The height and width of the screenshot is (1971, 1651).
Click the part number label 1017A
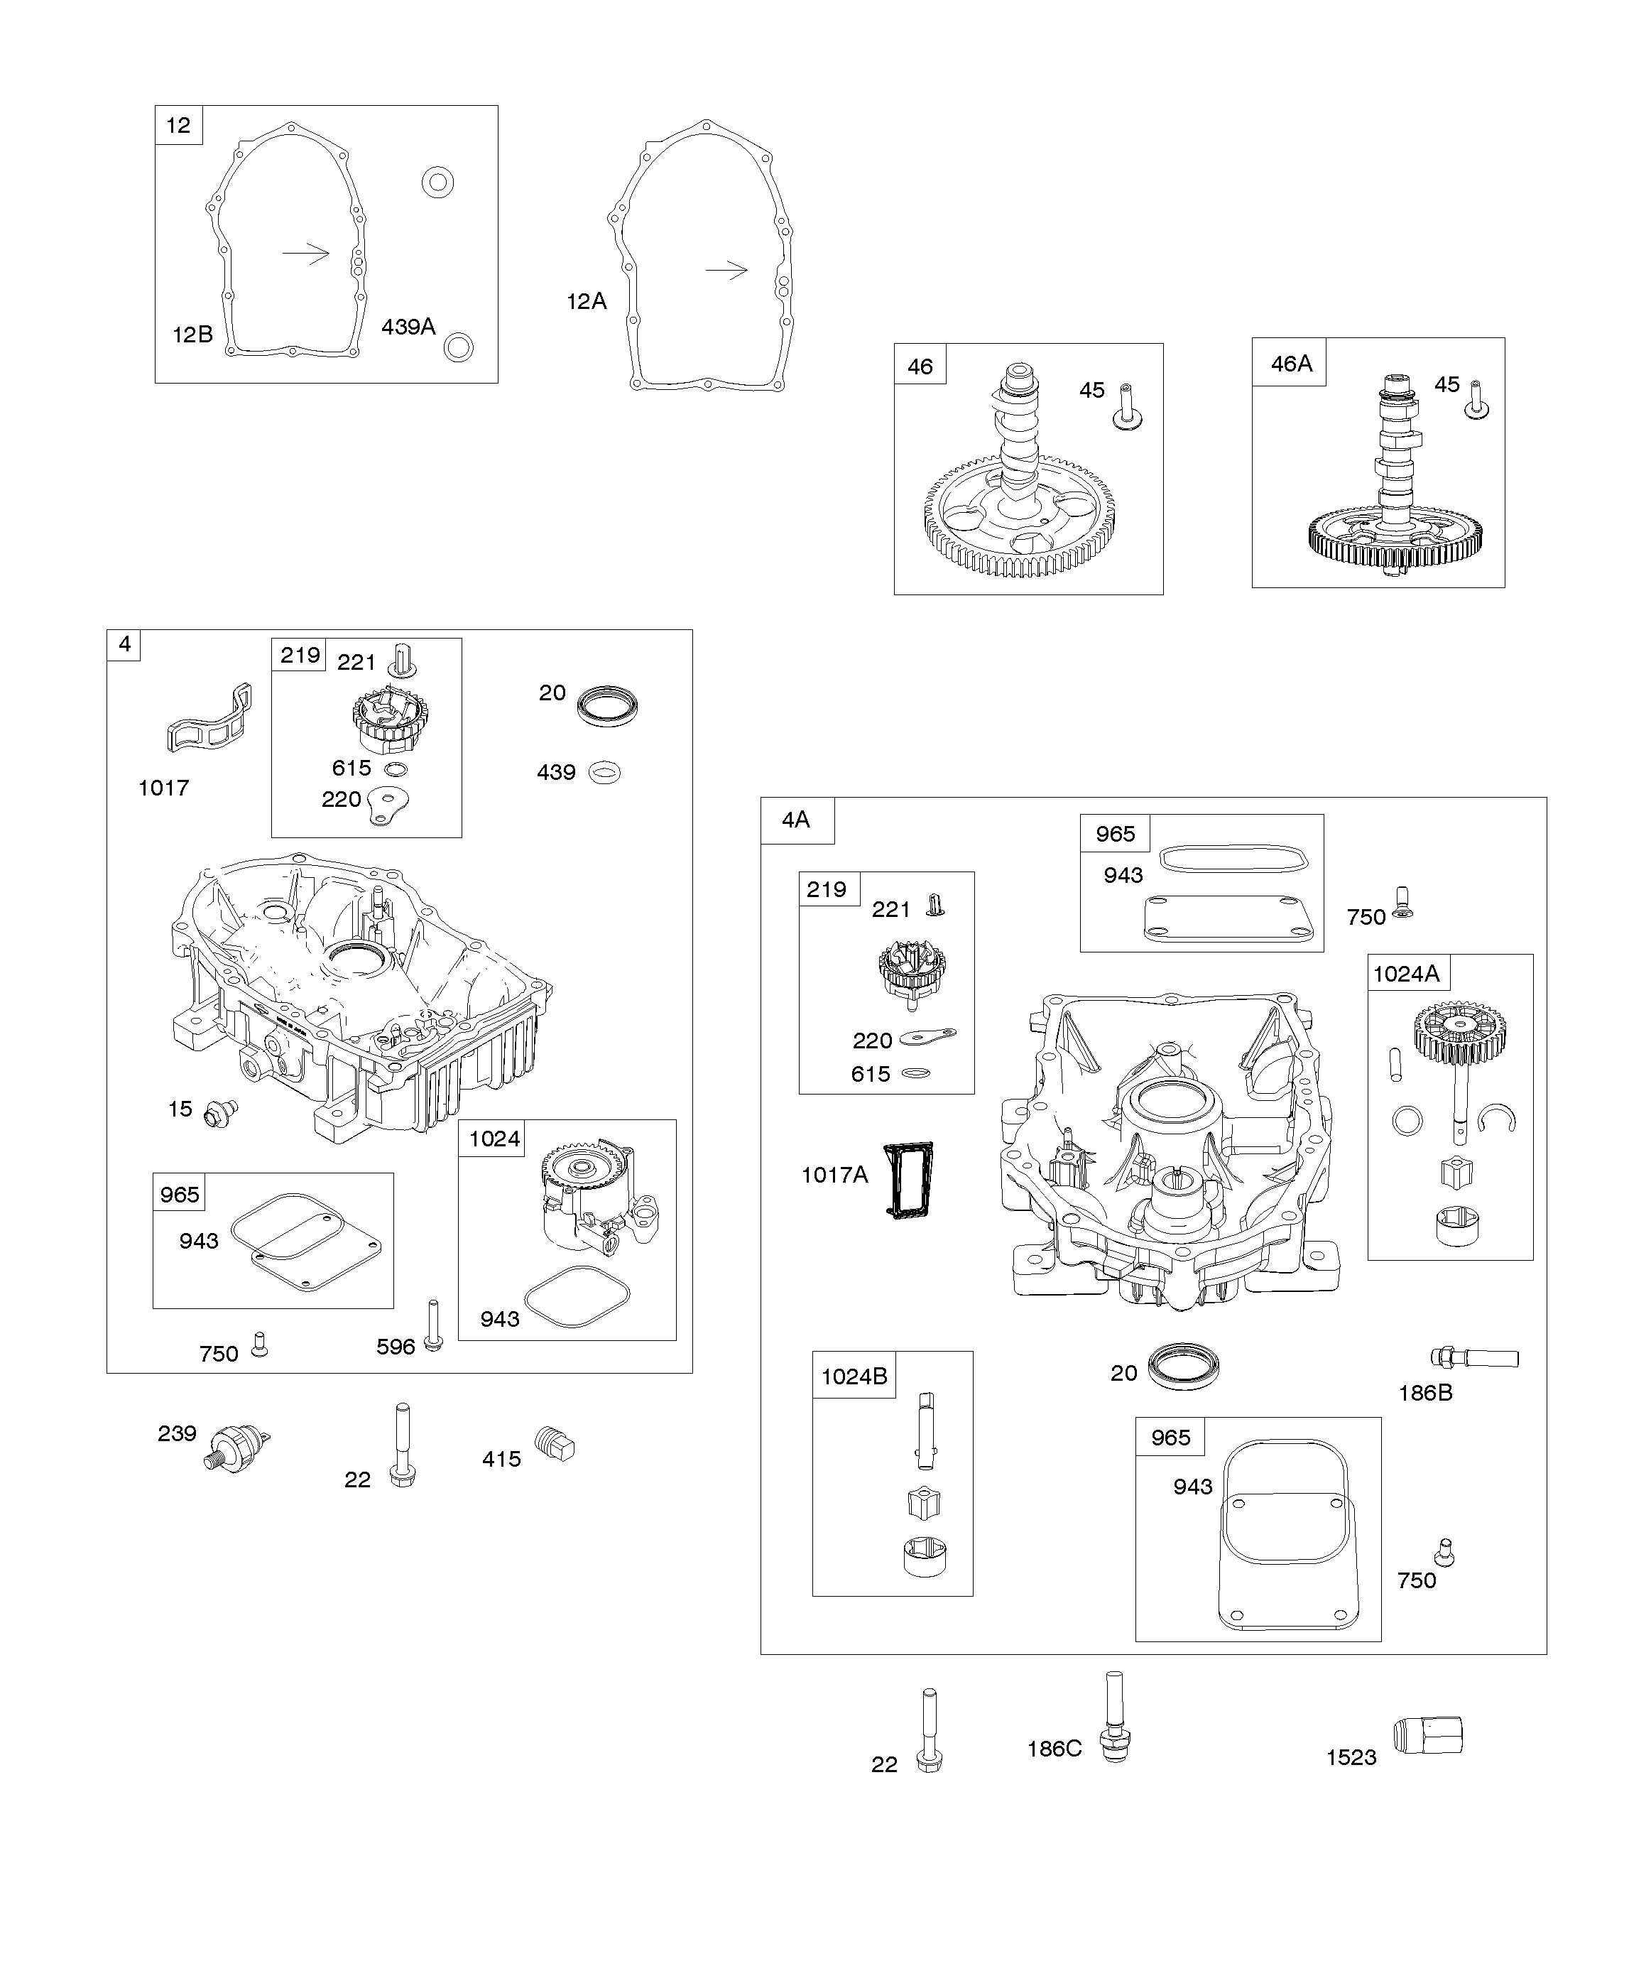point(834,1174)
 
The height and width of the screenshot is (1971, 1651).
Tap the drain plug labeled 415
point(555,1443)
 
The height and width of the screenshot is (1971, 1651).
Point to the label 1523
point(1351,1758)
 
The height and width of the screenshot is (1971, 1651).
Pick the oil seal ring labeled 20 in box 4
point(606,706)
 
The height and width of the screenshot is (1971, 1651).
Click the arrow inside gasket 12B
point(306,254)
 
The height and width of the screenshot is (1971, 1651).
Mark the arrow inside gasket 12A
point(726,271)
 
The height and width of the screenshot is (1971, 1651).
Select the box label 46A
point(1290,363)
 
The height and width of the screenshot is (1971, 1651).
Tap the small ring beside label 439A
point(458,347)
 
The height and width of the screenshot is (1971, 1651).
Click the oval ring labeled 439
point(604,773)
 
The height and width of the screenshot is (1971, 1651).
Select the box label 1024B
point(853,1376)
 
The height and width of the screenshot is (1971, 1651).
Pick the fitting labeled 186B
point(1473,1357)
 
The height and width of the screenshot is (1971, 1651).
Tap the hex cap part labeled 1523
point(1429,1737)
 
